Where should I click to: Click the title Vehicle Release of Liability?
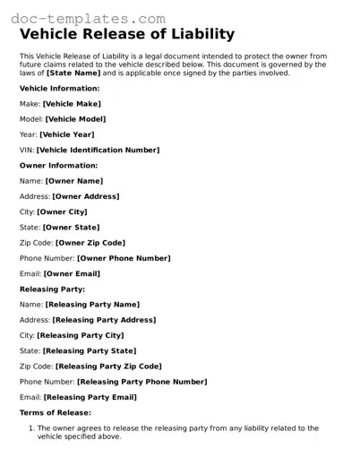click(x=127, y=35)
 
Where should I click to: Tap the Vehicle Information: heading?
click(x=59, y=89)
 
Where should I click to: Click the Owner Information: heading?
click(x=58, y=165)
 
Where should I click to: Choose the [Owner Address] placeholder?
click(x=86, y=196)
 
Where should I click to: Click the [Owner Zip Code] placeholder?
click(x=90, y=242)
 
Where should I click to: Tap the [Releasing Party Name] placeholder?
click(x=92, y=305)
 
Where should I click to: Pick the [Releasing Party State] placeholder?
click(x=90, y=350)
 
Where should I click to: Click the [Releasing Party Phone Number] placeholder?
click(x=141, y=382)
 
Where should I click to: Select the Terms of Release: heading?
click(x=55, y=412)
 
